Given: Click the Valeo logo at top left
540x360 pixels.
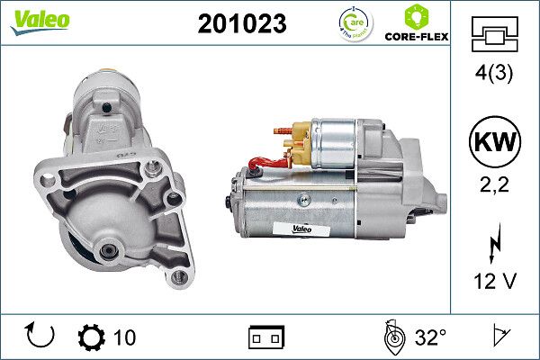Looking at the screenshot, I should [40, 21].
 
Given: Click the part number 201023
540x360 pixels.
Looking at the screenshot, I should [241, 23].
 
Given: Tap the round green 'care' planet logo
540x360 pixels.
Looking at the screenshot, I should [352, 22].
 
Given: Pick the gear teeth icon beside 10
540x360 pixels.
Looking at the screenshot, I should [91, 337].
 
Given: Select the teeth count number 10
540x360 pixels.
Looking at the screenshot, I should [124, 337].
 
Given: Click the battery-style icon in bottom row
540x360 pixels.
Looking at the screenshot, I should [266, 337].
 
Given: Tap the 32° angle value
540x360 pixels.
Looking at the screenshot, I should [430, 337].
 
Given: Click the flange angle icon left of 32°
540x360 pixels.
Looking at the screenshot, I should [392, 337].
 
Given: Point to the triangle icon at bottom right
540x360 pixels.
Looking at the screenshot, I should [497, 337].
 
